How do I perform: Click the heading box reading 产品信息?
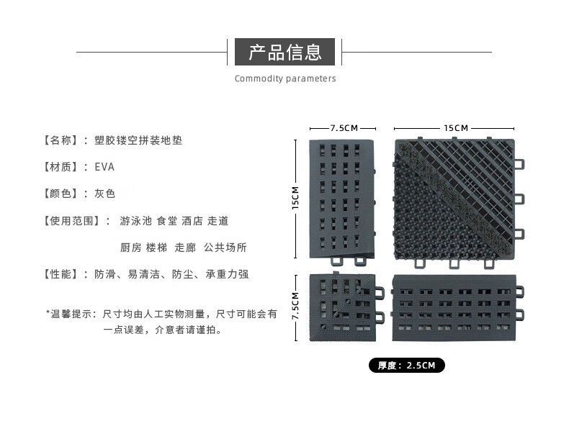pyautogui.click(x=284, y=52)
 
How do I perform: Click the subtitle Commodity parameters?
pyautogui.click(x=284, y=78)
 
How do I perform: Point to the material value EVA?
pyautogui.click(x=104, y=167)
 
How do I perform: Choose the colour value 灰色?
pyautogui.click(x=105, y=194)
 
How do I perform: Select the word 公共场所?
pyautogui.click(x=225, y=248)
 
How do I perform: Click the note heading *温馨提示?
pyautogui.click(x=71, y=314)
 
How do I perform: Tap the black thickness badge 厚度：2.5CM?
pyautogui.click(x=407, y=366)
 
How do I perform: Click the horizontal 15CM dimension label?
pyautogui.click(x=456, y=127)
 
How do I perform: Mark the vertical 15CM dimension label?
pyautogui.click(x=295, y=199)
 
